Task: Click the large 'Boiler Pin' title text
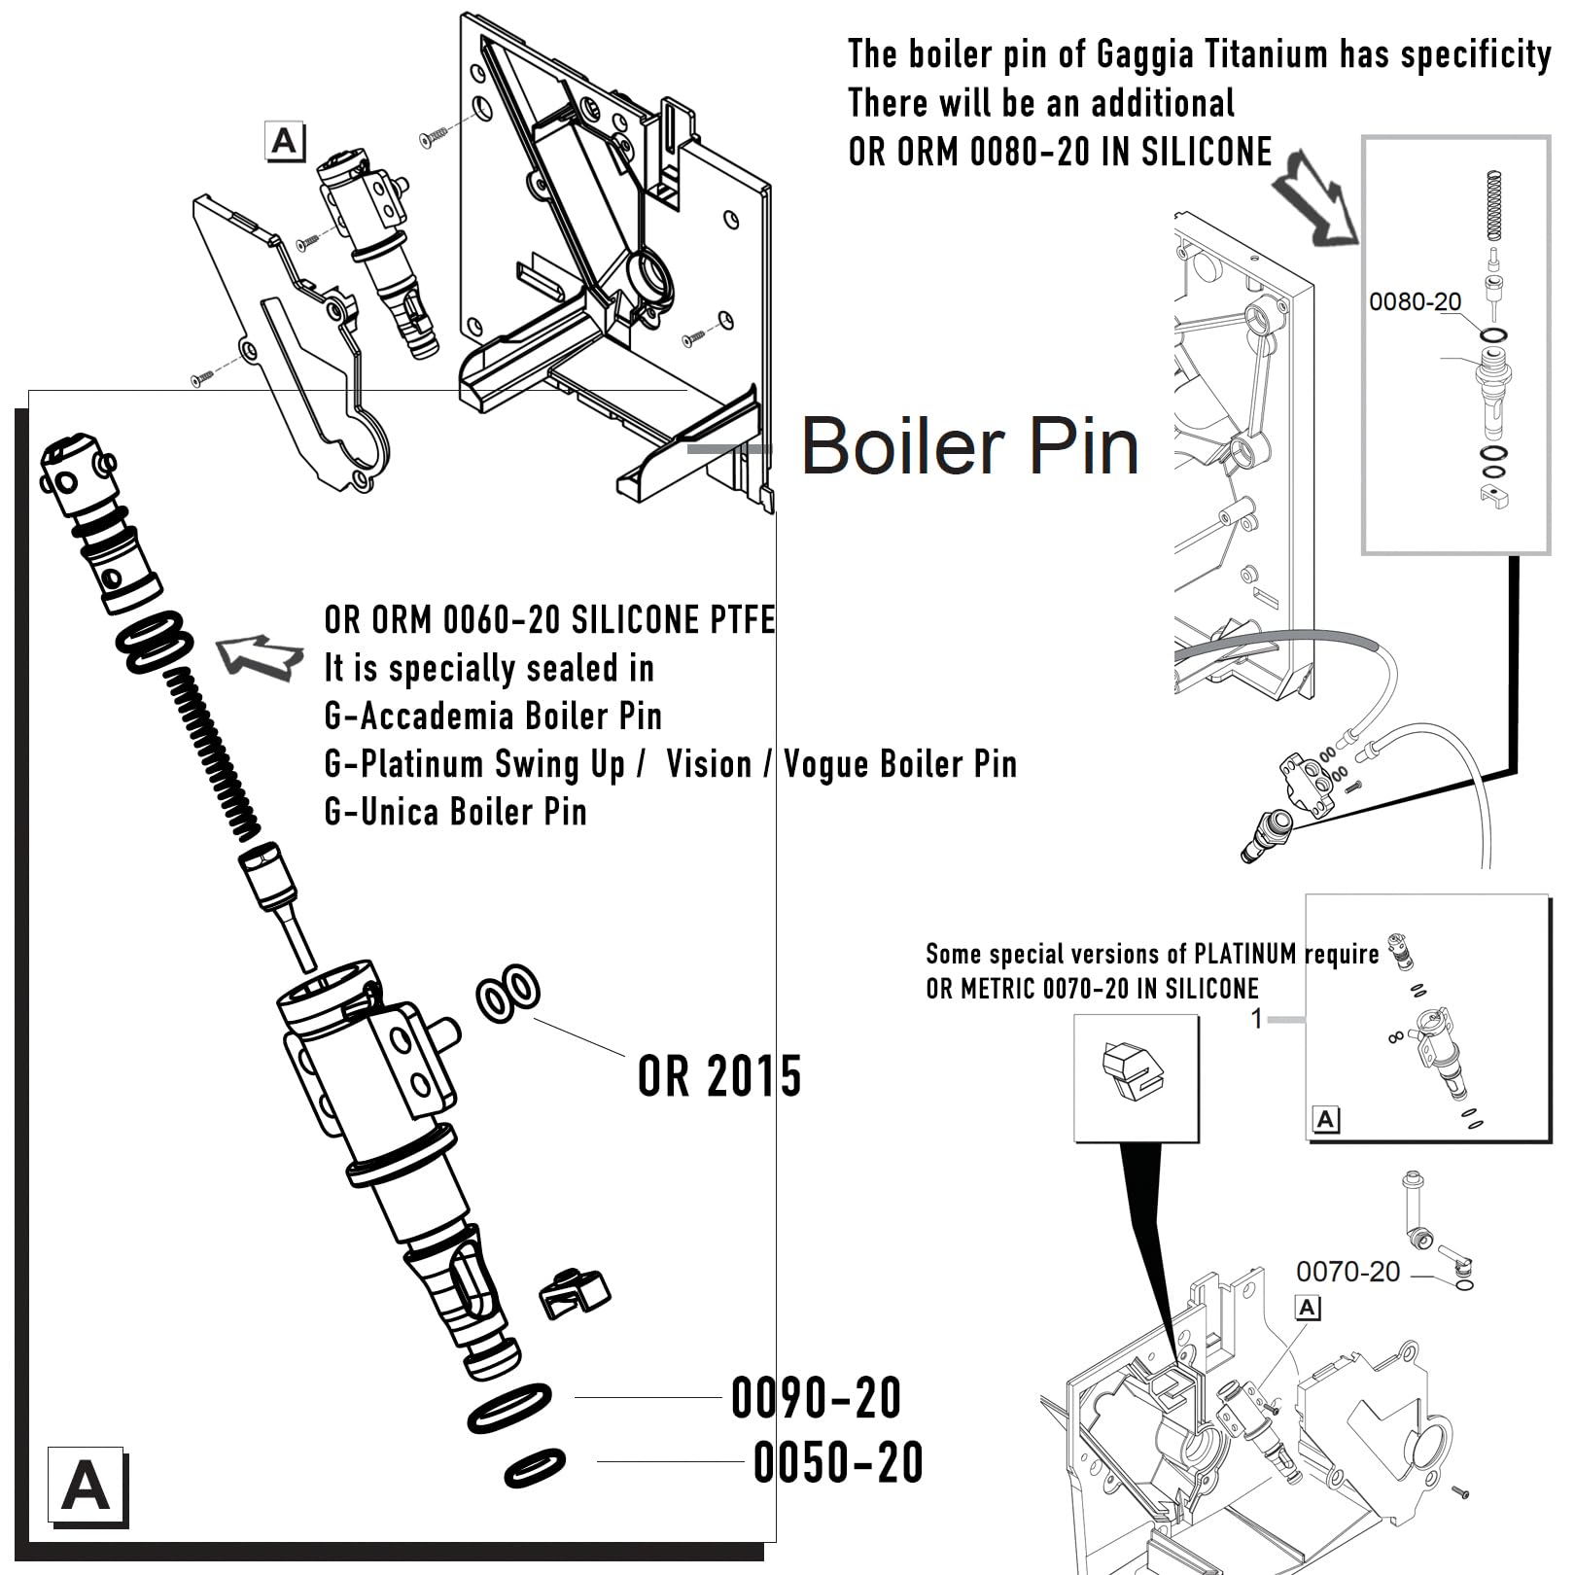coord(969,447)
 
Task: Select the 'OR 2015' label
coord(719,1076)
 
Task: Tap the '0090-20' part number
coord(816,1398)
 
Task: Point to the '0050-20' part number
coord(838,1462)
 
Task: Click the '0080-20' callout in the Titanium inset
coord(1415,302)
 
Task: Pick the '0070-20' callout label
coord(1347,1272)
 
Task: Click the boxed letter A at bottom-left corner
coord(86,1487)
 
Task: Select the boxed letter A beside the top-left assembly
coord(285,141)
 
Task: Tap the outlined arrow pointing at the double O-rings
coord(258,656)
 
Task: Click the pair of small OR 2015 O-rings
coord(507,993)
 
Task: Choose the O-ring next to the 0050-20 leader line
coord(535,1467)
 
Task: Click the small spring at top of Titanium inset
coord(1495,205)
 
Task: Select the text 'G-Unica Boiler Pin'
coord(455,812)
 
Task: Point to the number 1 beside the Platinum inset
coord(1256,1018)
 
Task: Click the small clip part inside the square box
coord(1135,1073)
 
